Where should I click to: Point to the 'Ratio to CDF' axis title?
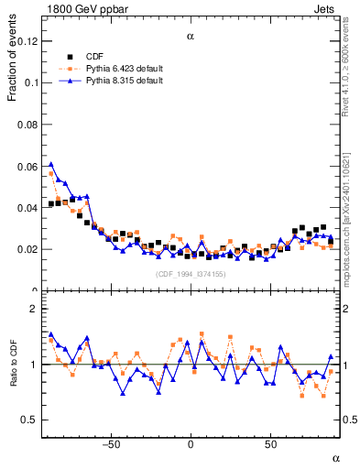click(x=13, y=364)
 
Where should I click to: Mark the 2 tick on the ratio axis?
click(x=34, y=309)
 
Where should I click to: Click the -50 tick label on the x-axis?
click(x=111, y=443)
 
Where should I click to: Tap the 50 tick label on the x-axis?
click(x=270, y=443)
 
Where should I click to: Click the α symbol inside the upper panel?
click(x=191, y=38)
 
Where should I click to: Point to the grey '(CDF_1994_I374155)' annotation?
click(x=191, y=274)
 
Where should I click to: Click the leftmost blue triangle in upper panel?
click(x=51, y=165)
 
